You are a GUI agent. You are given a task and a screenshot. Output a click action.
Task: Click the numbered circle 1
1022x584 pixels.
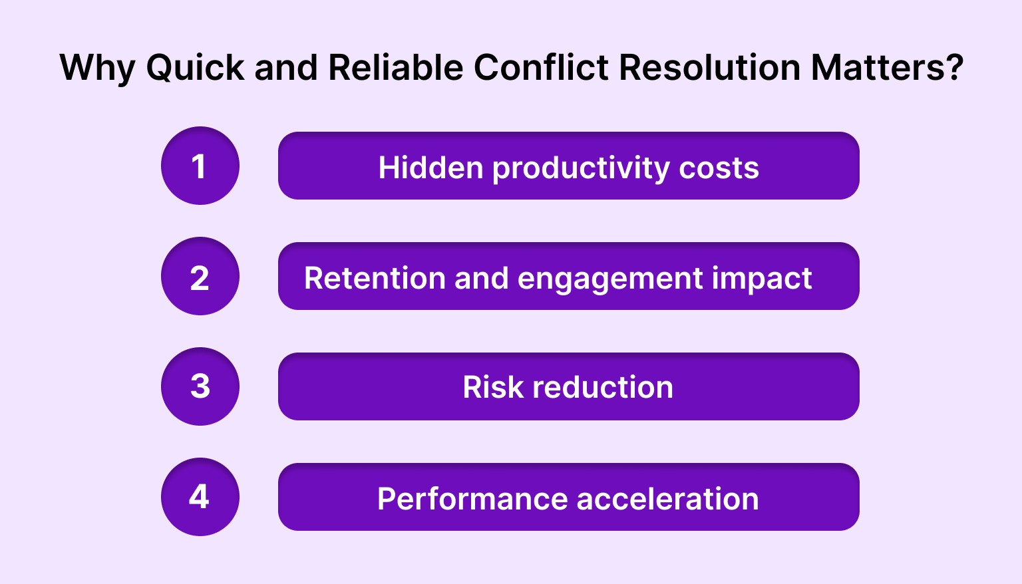200,166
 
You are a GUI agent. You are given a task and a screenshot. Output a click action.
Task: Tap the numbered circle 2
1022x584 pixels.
200,276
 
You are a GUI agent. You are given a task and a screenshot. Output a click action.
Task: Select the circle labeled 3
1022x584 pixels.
200,386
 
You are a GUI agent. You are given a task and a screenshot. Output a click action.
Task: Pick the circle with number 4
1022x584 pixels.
200,497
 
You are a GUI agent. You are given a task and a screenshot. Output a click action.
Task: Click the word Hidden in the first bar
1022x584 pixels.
430,168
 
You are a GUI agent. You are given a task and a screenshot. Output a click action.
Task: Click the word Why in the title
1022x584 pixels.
97,69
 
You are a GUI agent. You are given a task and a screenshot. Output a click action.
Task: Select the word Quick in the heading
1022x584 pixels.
195,69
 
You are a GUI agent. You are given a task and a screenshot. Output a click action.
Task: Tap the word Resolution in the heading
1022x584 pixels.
709,68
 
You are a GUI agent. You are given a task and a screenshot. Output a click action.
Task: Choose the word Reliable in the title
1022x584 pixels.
395,68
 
